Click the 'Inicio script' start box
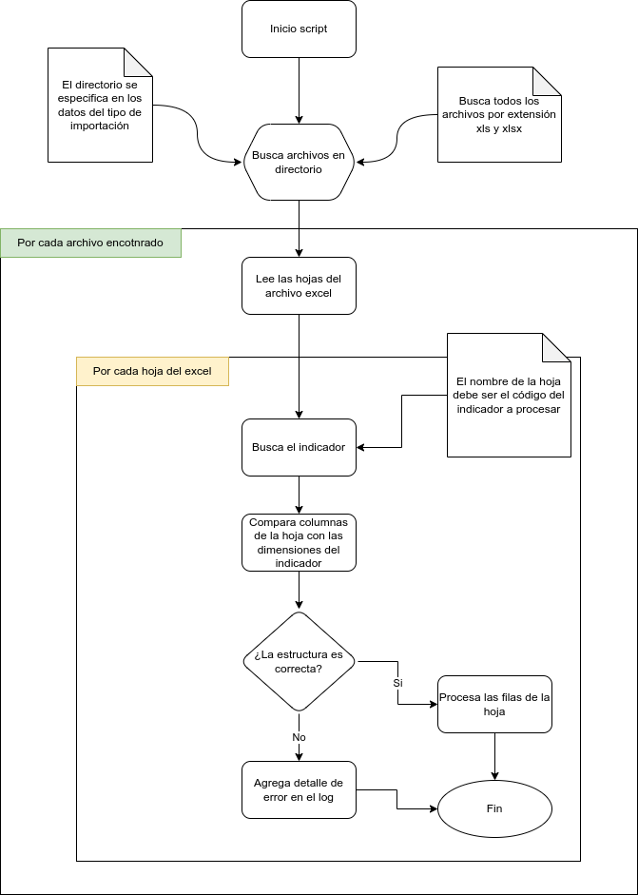299,29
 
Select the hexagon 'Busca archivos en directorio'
299,162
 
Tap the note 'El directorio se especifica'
101,105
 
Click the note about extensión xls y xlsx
499,115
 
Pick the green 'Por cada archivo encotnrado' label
90,243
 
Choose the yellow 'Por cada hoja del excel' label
152,372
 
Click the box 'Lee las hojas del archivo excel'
299,286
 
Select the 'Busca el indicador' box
299,447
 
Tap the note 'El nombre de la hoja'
509,395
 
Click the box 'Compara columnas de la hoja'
299,543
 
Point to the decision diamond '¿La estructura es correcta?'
299,662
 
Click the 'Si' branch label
398,683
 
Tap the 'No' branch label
299,737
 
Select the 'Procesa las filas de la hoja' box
494,705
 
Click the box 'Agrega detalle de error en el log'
299,790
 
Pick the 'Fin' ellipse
494,808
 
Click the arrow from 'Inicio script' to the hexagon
299,90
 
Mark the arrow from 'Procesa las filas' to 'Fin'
494,756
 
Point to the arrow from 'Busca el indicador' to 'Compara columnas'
299,495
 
